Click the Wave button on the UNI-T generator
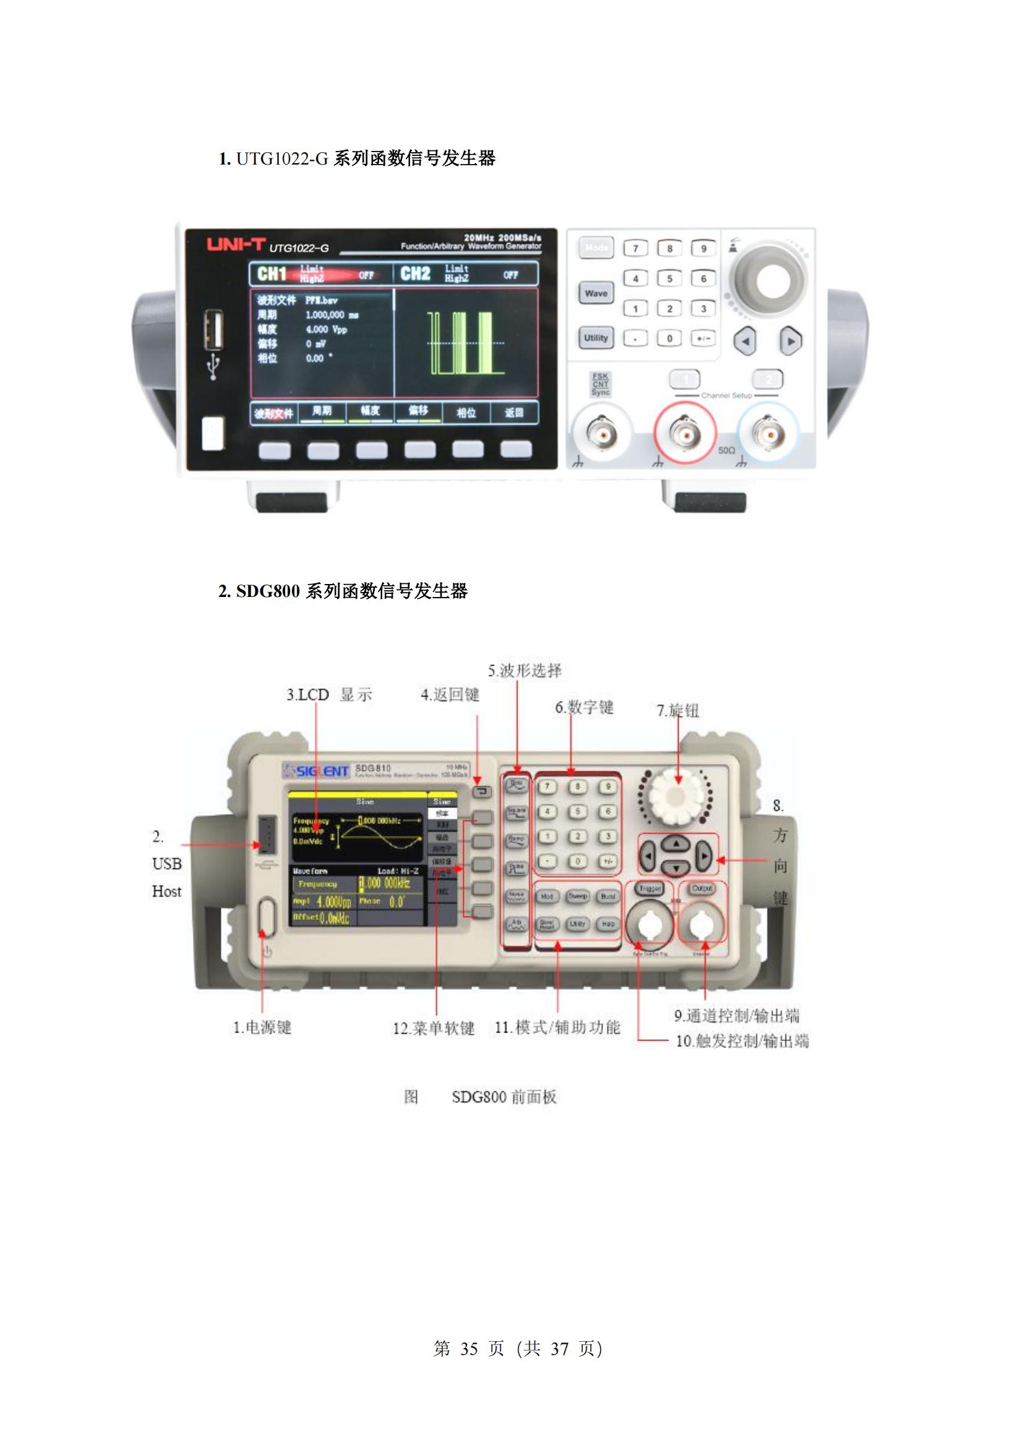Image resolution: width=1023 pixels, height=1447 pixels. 595,293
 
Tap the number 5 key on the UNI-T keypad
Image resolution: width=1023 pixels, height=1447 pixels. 669,278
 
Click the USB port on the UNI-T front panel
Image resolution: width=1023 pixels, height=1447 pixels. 213,330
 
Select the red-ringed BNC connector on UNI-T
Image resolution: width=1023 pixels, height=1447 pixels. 685,433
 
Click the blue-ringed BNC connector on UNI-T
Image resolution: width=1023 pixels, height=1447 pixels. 769,433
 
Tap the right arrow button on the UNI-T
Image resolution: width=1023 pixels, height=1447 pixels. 790,341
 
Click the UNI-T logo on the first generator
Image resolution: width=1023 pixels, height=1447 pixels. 237,244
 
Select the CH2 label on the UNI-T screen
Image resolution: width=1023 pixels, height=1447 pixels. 415,273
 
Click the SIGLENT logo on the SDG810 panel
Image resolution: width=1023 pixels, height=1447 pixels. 317,771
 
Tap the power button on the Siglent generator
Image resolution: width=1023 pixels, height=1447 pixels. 267,917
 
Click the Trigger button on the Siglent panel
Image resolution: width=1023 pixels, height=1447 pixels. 650,888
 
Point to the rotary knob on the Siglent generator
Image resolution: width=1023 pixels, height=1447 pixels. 675,797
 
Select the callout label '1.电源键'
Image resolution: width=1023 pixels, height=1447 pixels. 262,1027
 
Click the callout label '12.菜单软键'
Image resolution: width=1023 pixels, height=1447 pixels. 434,1028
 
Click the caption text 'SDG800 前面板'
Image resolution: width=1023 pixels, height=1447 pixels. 504,1097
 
